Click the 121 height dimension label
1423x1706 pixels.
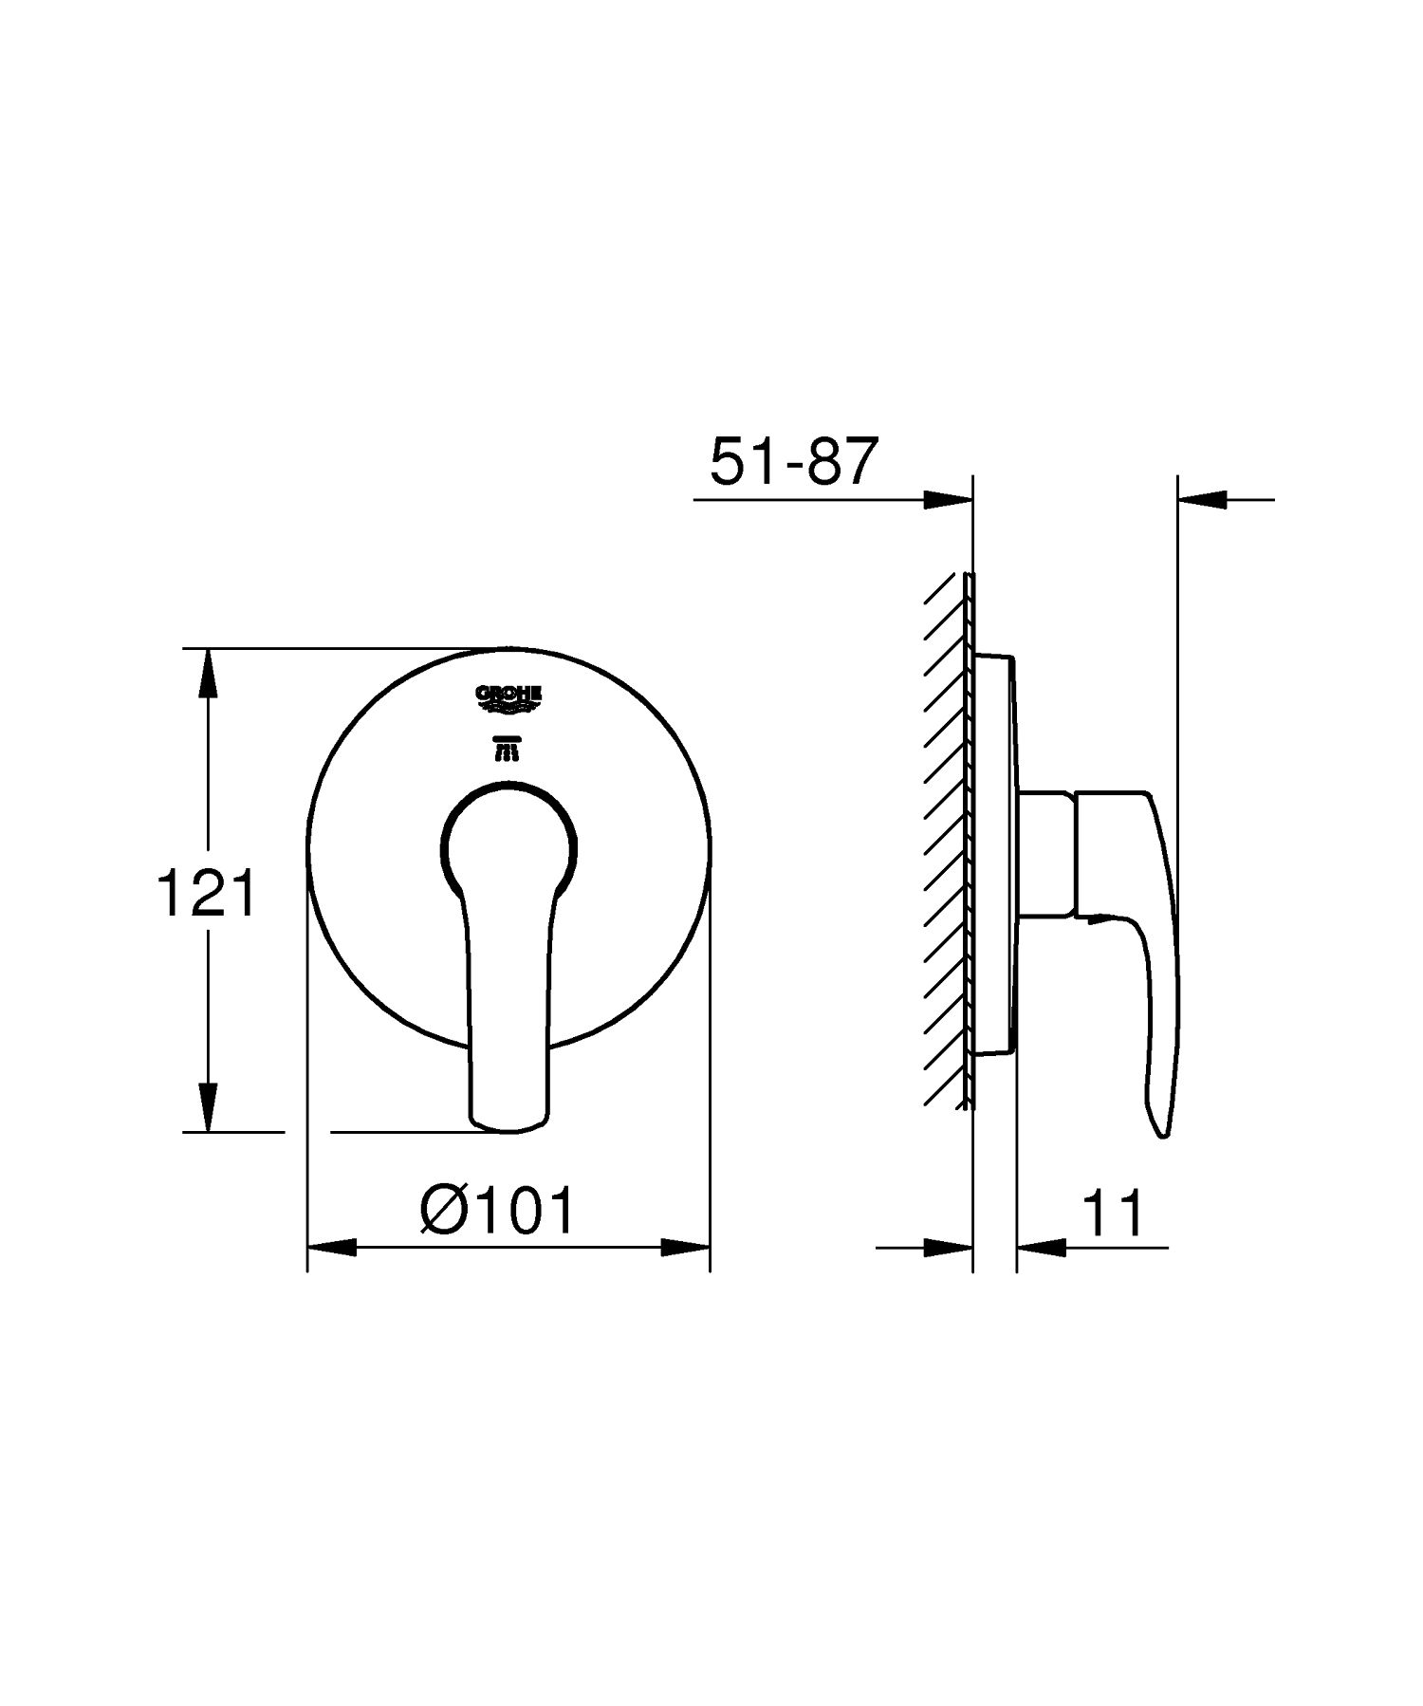206,894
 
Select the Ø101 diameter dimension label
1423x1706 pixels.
498,1212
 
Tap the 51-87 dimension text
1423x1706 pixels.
789,463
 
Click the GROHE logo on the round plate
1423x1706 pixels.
508,699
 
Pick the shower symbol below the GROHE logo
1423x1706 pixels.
508,750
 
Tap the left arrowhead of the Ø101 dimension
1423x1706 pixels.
332,1247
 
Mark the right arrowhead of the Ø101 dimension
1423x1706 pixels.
685,1247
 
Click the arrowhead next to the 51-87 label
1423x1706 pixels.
948,499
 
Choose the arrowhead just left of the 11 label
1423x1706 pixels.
1042,1247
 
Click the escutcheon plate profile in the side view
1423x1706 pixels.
992,854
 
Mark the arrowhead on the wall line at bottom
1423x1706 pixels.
948,1247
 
